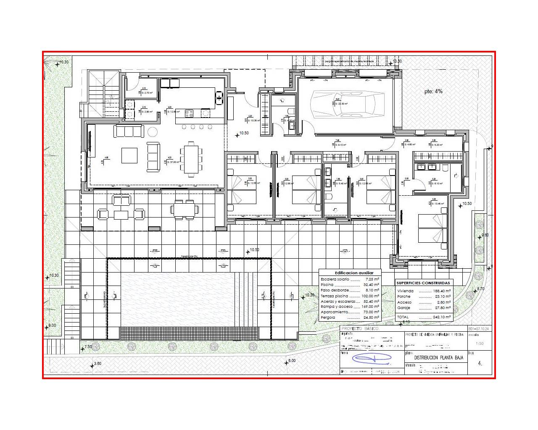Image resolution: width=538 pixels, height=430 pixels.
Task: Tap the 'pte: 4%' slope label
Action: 433,91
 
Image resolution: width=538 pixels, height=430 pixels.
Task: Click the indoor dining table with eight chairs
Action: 191,159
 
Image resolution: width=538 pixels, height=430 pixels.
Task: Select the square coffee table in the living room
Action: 129,155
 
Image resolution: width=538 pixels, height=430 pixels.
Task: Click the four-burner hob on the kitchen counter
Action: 189,113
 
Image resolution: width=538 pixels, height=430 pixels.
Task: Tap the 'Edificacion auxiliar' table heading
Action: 351,273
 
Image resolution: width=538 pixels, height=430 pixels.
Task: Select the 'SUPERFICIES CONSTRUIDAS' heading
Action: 425,283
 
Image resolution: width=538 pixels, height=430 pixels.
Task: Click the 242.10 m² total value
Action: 441,317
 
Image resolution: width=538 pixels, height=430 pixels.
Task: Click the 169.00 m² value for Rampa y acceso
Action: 370,307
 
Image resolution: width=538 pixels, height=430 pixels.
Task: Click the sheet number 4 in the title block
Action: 480,364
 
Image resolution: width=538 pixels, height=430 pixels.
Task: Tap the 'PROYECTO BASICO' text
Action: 360,328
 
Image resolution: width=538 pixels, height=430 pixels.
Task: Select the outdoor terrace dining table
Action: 184,208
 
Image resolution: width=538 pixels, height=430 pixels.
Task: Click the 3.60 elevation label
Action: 97,364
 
